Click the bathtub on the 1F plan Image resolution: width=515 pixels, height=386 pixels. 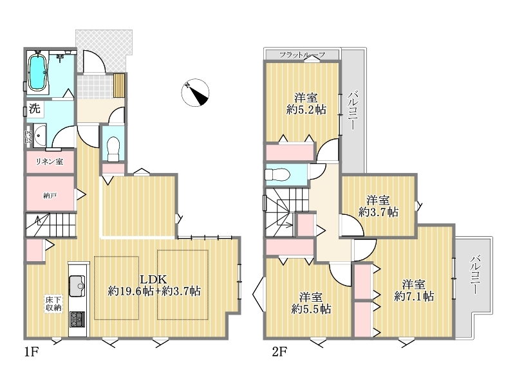pos(37,72)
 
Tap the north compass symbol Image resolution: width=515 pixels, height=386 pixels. pos(196,93)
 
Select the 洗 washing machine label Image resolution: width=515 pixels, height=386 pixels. pos(35,108)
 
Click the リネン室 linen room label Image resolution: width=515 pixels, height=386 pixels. pos(50,161)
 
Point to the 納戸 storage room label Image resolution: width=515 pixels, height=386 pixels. pos(50,196)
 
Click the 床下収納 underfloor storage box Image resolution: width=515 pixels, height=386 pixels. pos(53,304)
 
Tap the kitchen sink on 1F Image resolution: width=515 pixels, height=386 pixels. pos(77,286)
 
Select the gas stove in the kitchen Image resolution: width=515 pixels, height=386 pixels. pos(77,319)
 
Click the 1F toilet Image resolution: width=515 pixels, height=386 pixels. pos(113,149)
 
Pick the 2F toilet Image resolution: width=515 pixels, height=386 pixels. pos(277,174)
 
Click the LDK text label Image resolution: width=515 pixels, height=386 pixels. pos(153,279)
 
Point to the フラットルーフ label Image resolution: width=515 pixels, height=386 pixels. pos(302,55)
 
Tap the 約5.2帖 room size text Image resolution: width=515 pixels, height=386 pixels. pos(306,109)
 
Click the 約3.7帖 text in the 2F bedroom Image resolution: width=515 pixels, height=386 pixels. pos(379,212)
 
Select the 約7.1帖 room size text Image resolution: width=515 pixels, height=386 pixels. pos(414,296)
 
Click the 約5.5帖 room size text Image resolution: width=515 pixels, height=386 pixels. pos(311,309)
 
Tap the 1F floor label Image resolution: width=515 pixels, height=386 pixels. pos(32,352)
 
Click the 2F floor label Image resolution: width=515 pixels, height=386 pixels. pos(279,352)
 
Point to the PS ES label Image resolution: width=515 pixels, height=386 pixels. pos(28,137)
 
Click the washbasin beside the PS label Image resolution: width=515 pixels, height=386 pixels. pos(40,134)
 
